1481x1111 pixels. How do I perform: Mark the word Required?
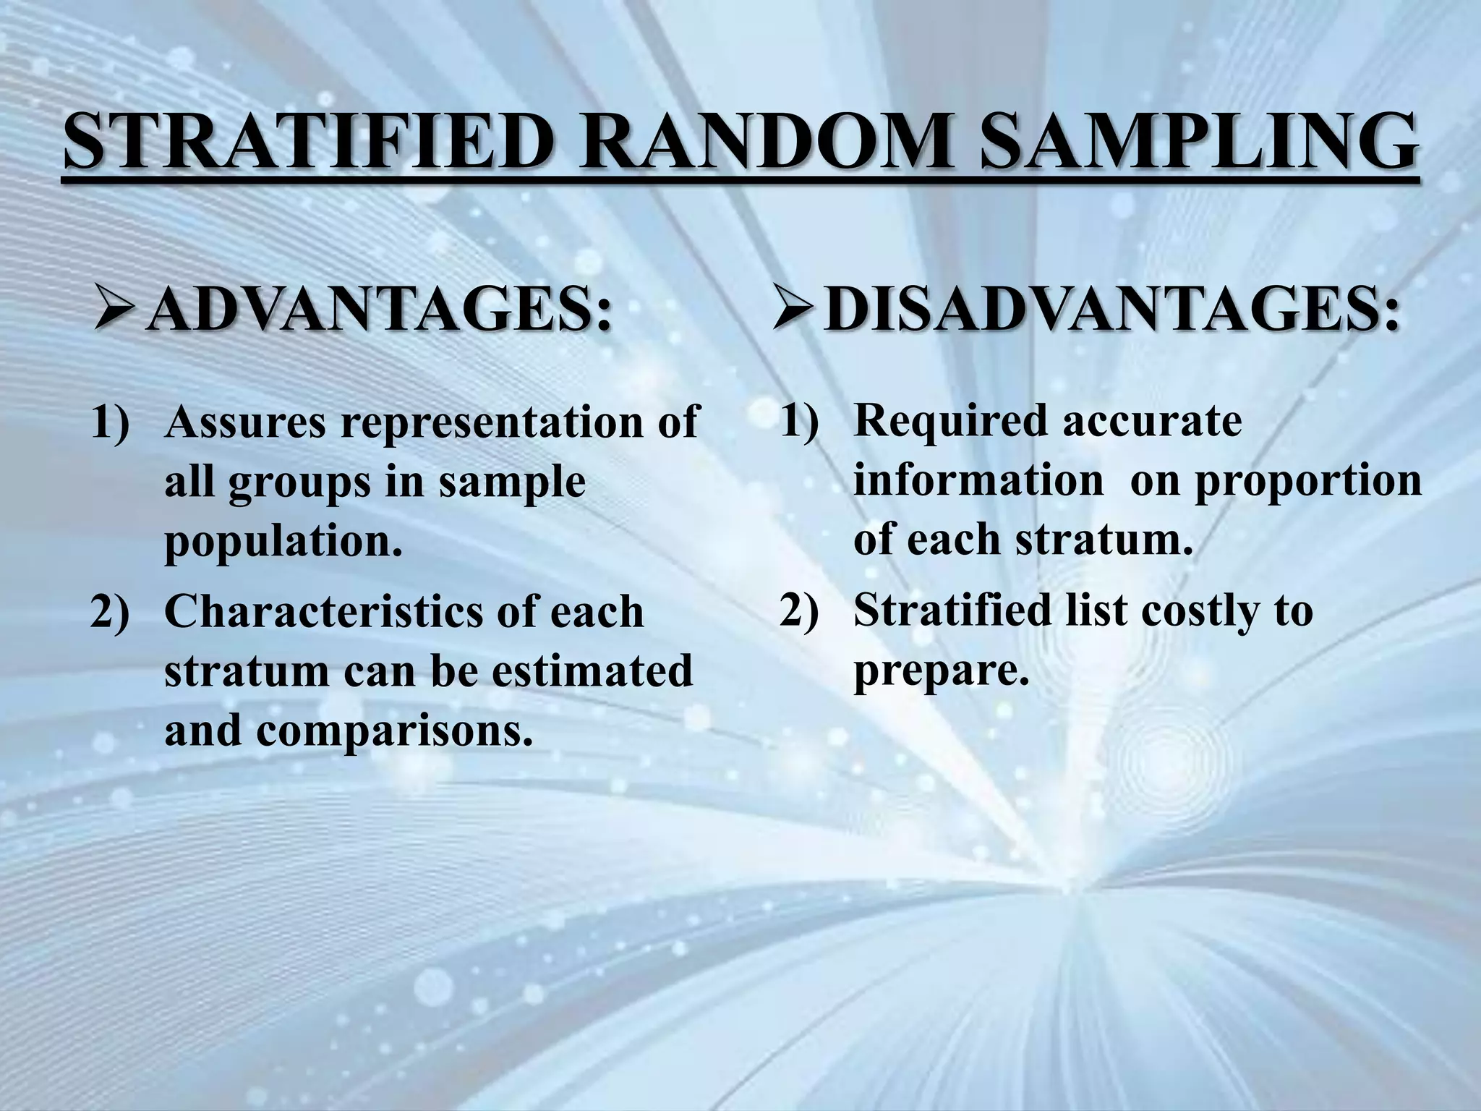(x=950, y=422)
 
